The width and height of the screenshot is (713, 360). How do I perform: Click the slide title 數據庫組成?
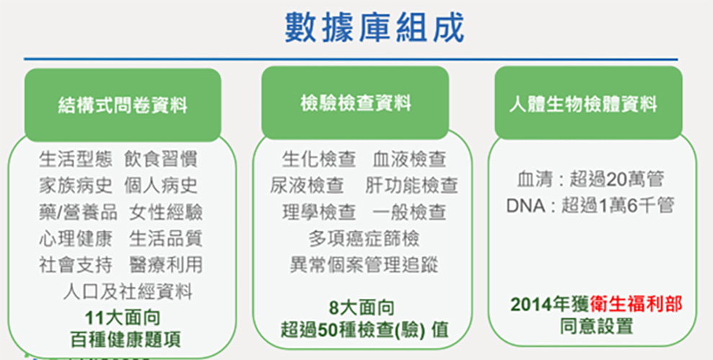[375, 28]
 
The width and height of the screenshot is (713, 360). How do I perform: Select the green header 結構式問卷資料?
[122, 106]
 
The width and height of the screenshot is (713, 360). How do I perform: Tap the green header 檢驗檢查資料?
[356, 103]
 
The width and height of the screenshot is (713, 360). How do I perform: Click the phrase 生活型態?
[76, 159]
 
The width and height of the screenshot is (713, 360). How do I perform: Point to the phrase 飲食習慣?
[161, 159]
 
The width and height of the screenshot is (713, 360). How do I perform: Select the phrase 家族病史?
[76, 186]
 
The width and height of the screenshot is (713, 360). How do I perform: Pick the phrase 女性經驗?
[166, 212]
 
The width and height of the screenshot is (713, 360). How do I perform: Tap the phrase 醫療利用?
[166, 265]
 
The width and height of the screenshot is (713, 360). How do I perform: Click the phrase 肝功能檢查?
[411, 186]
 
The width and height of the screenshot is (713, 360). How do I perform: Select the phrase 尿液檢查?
[307, 186]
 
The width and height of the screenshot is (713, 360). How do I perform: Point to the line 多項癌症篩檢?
[364, 238]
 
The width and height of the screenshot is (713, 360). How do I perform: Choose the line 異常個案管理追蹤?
[364, 265]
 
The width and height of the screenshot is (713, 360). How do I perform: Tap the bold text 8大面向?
[362, 309]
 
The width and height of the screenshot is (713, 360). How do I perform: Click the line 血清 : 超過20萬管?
[591, 180]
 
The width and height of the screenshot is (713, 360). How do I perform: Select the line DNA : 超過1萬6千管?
[590, 207]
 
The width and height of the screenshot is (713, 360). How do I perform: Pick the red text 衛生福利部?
[636, 305]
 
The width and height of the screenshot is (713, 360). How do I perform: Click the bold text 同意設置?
[596, 327]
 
